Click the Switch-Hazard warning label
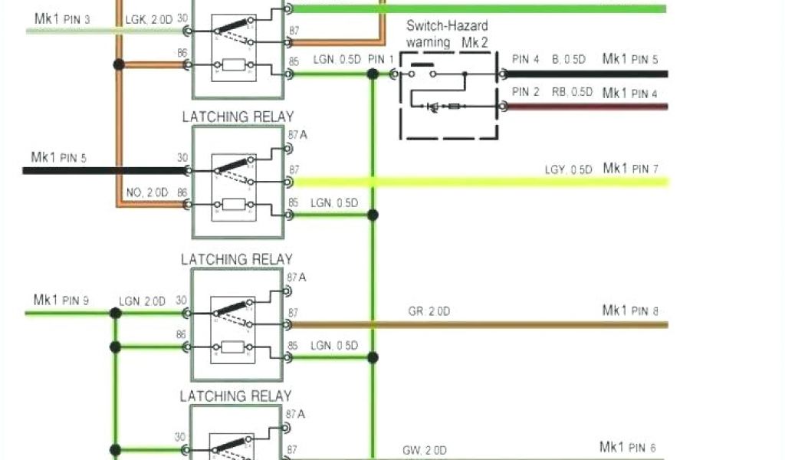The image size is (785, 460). [446, 34]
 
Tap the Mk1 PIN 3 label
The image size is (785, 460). [63, 18]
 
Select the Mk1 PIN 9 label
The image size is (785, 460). [61, 300]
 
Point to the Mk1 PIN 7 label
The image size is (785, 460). [630, 168]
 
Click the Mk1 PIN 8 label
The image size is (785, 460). [630, 310]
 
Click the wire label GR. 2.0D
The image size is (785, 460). [429, 311]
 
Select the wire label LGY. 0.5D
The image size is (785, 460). [568, 169]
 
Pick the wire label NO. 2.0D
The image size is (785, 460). [146, 192]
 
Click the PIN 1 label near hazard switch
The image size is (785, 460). [381, 59]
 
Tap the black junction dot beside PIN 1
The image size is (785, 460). [373, 74]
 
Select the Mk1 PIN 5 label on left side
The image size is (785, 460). [59, 158]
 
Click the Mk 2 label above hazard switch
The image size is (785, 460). [475, 42]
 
